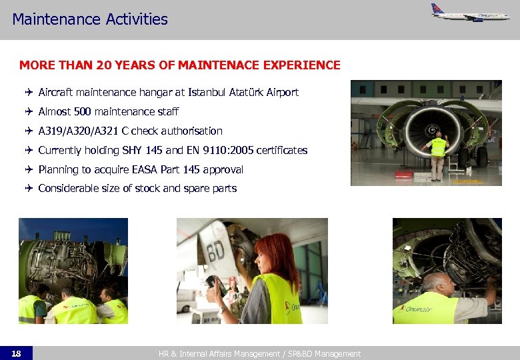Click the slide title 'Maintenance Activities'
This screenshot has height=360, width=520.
click(90, 19)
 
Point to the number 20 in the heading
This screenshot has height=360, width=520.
click(103, 65)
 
